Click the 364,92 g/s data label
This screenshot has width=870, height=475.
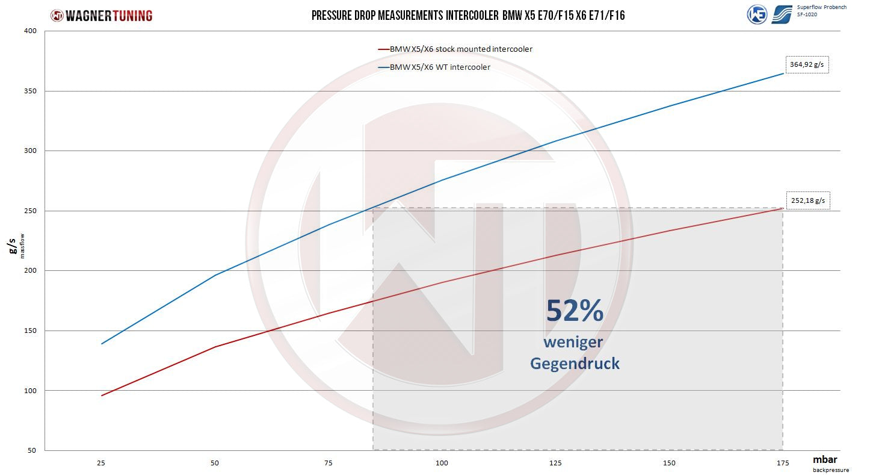click(x=807, y=64)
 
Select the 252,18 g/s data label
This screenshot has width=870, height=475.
click(x=808, y=200)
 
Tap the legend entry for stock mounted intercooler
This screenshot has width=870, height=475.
click(x=461, y=49)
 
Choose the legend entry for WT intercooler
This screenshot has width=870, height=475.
click(x=440, y=67)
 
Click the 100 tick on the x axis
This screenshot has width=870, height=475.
click(x=442, y=462)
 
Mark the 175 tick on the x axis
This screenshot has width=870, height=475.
click(x=783, y=462)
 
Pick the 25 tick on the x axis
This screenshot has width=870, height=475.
click(x=102, y=462)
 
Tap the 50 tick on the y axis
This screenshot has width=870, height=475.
click(x=31, y=450)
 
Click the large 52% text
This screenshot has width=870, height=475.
click(x=574, y=311)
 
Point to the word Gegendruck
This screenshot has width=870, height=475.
click(x=575, y=364)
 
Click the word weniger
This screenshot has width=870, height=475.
click(x=573, y=342)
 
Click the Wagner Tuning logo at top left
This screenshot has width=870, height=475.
click(x=101, y=16)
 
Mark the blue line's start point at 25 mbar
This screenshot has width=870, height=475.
click(x=102, y=344)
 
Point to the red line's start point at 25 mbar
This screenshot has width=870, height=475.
click(x=102, y=396)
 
